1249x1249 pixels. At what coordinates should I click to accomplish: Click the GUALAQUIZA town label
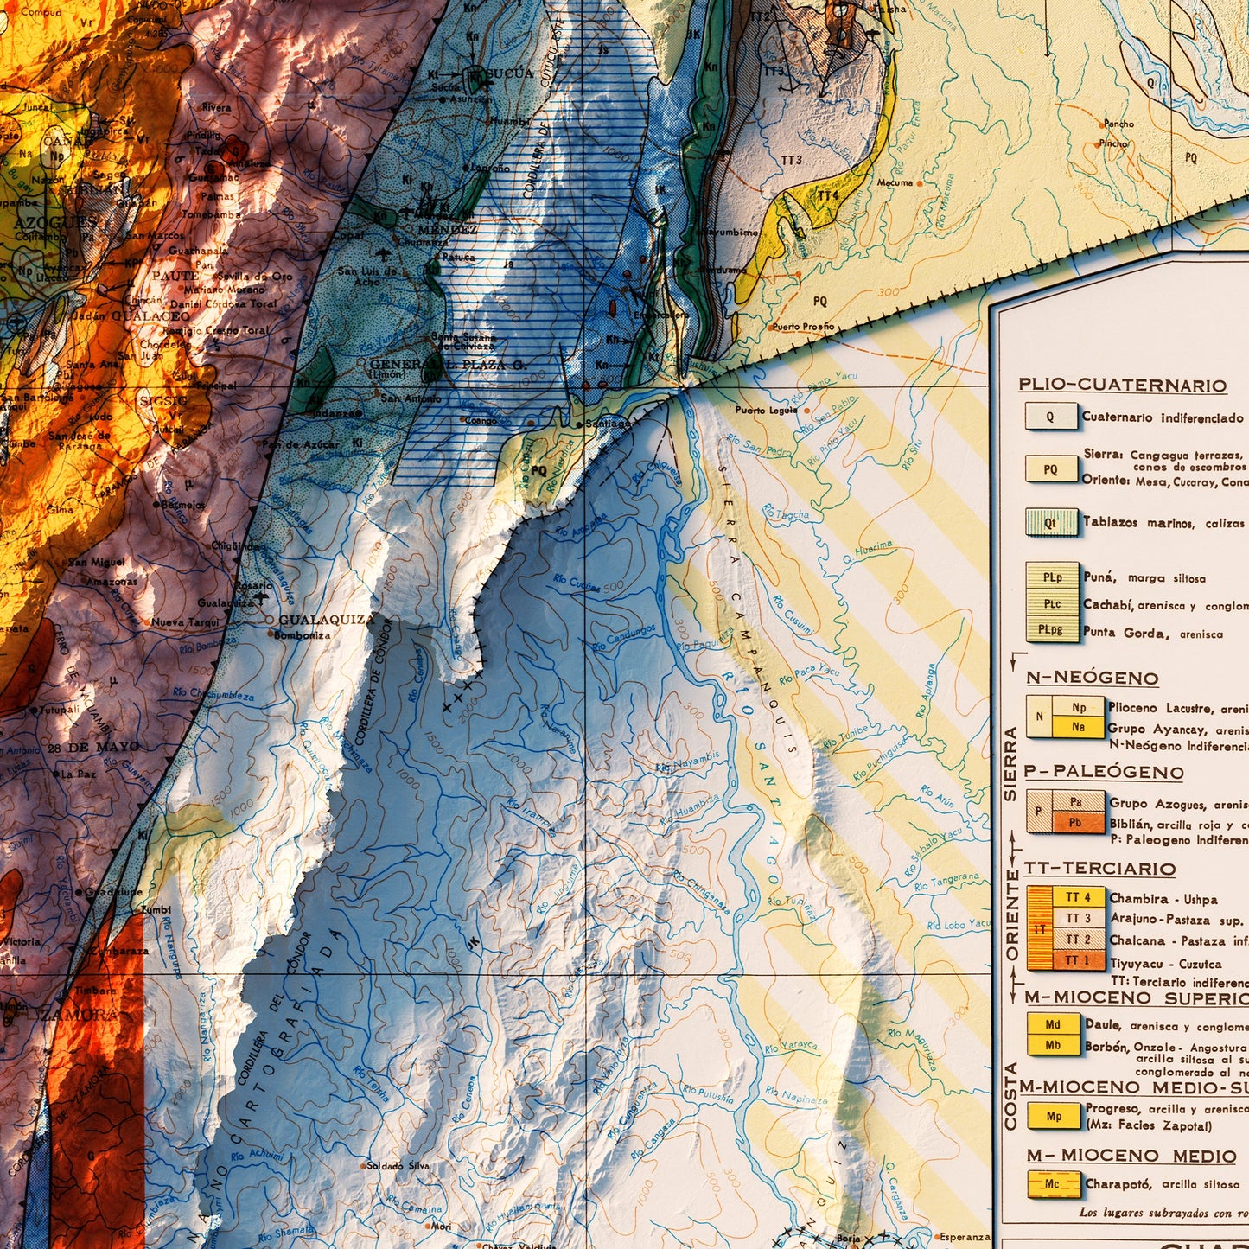[x=327, y=620]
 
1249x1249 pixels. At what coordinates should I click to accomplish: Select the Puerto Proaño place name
[x=803, y=327]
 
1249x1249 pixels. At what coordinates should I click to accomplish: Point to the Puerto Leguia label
[x=766, y=410]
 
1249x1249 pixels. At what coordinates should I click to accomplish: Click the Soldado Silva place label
[x=398, y=1165]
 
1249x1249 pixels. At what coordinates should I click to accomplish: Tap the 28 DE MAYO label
[x=93, y=747]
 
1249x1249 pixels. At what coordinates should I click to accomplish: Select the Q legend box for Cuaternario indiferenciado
[x=1050, y=417]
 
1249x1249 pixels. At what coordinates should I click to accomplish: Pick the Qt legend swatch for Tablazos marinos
[x=1050, y=523]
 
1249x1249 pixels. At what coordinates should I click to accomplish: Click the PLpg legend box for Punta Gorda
[x=1052, y=630]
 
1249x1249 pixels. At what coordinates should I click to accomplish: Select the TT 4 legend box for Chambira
[x=1078, y=897]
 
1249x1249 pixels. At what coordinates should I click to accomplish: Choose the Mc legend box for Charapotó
[x=1053, y=1184]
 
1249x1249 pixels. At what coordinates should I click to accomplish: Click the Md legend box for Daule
[x=1053, y=1025]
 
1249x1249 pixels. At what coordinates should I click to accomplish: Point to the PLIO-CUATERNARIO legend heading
[x=1122, y=386]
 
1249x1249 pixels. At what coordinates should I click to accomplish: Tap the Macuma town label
[x=895, y=182]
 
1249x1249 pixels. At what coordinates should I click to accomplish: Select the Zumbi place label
[x=156, y=909]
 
